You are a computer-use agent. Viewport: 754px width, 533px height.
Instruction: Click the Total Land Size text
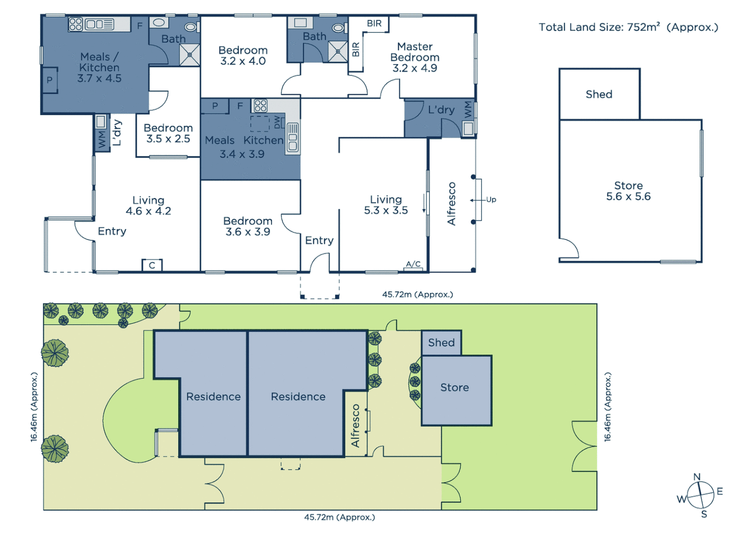628,27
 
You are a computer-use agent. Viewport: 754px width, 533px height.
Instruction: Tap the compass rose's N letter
697,477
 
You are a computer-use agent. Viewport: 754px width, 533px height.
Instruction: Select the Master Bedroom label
415,57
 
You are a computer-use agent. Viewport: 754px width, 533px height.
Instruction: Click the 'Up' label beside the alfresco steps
491,199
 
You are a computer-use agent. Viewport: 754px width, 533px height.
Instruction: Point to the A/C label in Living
413,264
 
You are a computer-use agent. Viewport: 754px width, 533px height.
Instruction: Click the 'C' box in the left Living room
152,265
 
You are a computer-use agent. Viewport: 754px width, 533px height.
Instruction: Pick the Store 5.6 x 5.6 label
628,191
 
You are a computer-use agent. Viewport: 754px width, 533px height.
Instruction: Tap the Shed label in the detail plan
599,94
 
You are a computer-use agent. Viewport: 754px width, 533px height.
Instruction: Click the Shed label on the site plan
441,343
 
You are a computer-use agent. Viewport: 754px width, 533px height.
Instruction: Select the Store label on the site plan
454,387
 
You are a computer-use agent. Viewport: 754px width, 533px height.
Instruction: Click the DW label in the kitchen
277,121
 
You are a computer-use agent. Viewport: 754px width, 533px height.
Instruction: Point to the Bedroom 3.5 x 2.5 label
168,133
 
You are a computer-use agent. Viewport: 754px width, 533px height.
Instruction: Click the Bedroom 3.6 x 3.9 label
248,226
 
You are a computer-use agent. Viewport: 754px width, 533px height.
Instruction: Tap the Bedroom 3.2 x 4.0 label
243,55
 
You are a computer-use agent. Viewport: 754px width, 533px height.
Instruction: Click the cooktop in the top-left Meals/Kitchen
75,24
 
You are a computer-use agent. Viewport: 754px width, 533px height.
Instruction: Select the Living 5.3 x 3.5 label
386,205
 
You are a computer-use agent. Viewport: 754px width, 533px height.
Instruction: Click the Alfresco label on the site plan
355,425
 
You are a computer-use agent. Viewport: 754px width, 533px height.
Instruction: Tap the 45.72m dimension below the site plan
339,517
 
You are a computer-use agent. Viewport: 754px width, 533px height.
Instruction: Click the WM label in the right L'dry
468,109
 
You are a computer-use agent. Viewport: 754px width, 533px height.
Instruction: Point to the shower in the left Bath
189,55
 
